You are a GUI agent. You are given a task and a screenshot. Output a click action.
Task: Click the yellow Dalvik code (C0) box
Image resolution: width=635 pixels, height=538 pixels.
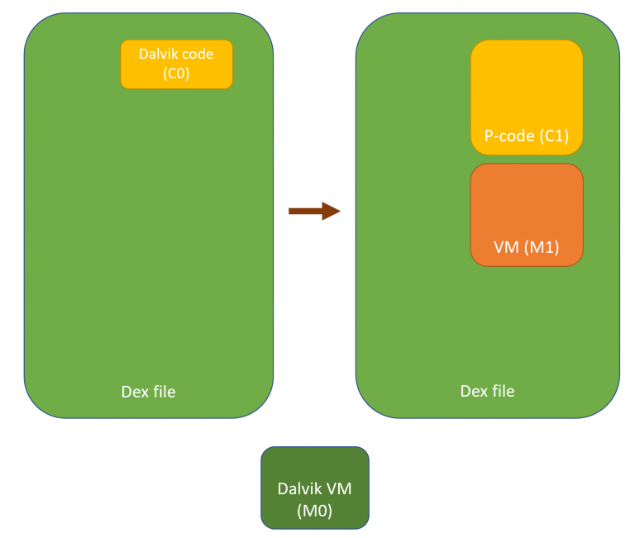(x=176, y=64)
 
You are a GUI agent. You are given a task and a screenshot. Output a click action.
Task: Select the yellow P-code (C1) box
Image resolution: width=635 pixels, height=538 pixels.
(x=527, y=97)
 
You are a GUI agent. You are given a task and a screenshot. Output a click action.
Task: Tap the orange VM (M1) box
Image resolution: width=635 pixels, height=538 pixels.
(x=527, y=214)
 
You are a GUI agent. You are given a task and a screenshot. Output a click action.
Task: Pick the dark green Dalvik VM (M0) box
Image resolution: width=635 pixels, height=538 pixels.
(x=314, y=488)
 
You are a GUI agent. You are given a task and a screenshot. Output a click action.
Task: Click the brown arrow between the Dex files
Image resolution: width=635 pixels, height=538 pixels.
(x=313, y=212)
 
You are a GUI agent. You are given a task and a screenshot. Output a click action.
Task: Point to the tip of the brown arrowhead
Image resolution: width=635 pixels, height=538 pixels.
(x=340, y=212)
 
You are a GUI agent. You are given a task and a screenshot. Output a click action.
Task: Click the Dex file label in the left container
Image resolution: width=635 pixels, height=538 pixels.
(x=148, y=392)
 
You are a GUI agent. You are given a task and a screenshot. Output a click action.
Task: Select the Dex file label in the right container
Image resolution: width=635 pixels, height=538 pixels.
(x=487, y=391)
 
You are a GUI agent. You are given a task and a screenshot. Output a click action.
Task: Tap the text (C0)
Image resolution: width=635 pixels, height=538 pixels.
(x=176, y=73)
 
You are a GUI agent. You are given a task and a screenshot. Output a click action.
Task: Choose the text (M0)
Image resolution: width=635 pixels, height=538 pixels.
(x=314, y=511)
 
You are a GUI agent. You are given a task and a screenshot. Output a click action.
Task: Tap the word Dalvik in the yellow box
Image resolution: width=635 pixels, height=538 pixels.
(x=158, y=55)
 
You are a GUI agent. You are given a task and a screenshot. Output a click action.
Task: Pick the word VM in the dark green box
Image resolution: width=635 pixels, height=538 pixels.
(x=339, y=489)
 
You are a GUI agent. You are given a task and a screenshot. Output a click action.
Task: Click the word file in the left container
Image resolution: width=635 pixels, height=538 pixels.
(x=163, y=392)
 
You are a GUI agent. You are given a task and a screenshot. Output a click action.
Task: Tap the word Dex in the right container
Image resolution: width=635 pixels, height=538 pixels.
(x=473, y=391)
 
